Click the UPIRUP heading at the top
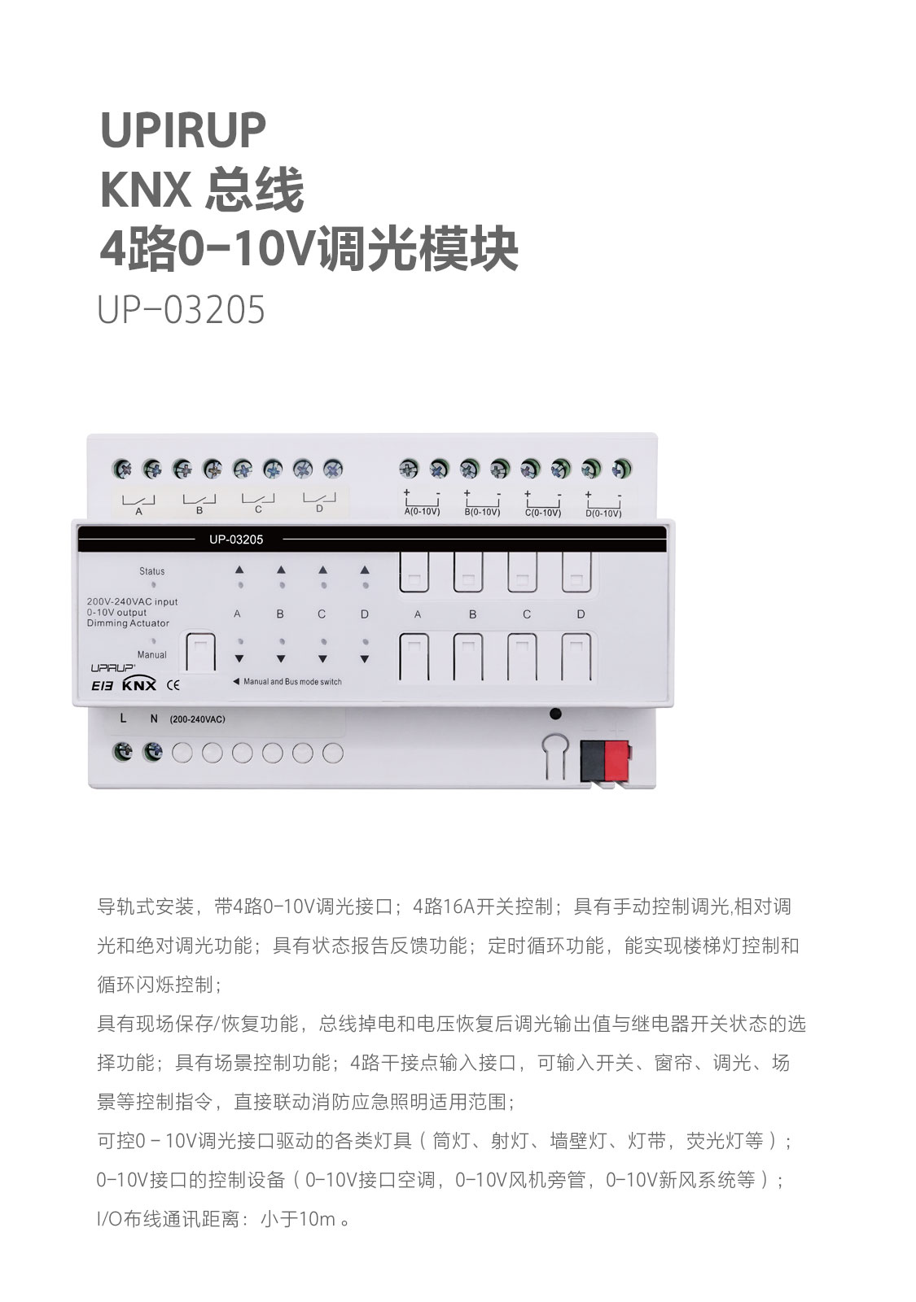pyautogui.click(x=183, y=129)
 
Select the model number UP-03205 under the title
pyautogui.click(x=181, y=309)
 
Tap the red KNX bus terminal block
pyautogui.click(x=617, y=760)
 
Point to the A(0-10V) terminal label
pyautogui.click(x=422, y=512)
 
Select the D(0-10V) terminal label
pyautogui.click(x=603, y=513)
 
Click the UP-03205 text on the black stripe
pyautogui.click(x=236, y=540)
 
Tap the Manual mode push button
pyautogui.click(x=200, y=652)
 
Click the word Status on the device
pyautogui.click(x=151, y=571)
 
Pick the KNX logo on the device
pyautogui.click(x=139, y=684)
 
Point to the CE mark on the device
pyautogui.click(x=173, y=684)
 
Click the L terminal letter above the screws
pyautogui.click(x=123, y=719)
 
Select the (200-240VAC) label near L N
pyautogui.click(x=197, y=719)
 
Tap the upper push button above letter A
pyautogui.click(x=414, y=573)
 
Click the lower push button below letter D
pyautogui.click(x=576, y=657)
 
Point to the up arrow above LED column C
pyautogui.click(x=322, y=570)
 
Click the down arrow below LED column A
pyautogui.click(x=239, y=658)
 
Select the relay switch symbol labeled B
pyautogui.click(x=199, y=499)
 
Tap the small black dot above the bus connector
pyautogui.click(x=555, y=714)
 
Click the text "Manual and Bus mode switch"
pyautogui.click(x=292, y=682)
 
